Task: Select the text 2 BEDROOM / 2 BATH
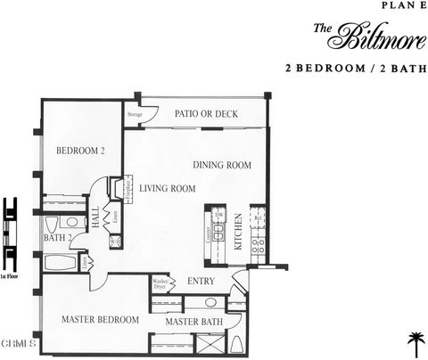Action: coord(355,67)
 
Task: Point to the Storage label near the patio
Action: coord(135,114)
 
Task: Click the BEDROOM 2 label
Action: coord(81,151)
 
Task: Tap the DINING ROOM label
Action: coord(222,165)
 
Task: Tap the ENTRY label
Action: coord(201,281)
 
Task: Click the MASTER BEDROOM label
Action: coord(100,319)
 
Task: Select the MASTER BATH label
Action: coord(193,321)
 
